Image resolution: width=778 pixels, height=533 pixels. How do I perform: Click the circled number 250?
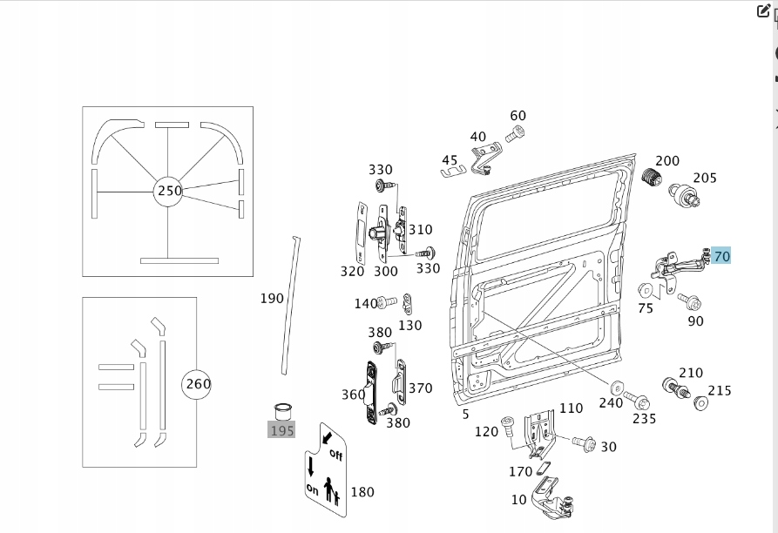coord(168,191)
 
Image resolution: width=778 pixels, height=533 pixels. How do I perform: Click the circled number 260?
coord(197,383)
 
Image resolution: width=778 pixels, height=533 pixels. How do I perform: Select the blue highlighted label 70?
coord(721,256)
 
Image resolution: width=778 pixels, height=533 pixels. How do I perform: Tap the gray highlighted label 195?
coord(281,429)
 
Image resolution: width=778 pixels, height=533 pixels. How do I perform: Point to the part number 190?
coord(272,299)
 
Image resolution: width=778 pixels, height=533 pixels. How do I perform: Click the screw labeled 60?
coord(516,133)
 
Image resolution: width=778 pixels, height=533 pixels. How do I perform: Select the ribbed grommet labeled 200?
coord(648,179)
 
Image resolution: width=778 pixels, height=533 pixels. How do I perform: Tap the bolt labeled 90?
coord(693,301)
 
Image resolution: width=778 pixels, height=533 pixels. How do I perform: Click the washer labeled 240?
coord(617,386)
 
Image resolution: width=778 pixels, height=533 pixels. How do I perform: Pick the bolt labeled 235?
coord(639,401)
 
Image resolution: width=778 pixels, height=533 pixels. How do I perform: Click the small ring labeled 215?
coord(700,403)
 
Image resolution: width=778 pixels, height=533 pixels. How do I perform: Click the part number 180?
coord(362,492)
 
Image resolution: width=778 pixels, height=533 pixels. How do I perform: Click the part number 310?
coord(420,230)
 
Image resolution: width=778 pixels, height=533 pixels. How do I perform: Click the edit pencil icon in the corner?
coord(765,11)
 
